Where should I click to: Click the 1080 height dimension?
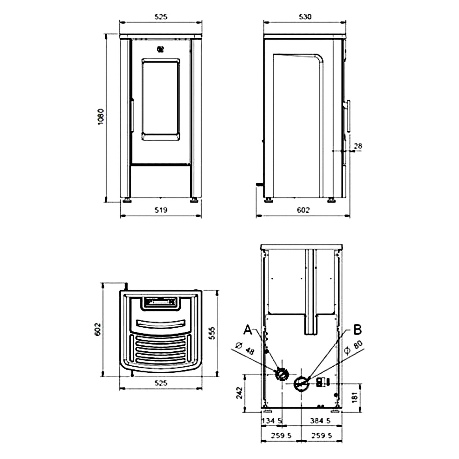(101, 117)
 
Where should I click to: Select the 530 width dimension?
(305, 17)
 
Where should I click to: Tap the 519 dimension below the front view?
(161, 210)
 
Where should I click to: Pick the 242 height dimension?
(240, 393)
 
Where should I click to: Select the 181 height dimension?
(355, 397)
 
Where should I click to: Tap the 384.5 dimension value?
(320, 421)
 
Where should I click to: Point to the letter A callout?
(248, 330)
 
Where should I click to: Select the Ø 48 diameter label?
(245, 349)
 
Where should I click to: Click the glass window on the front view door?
(161, 99)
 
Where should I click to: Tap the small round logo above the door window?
(160, 49)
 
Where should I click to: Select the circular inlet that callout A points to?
(281, 374)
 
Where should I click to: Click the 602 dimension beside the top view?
(98, 329)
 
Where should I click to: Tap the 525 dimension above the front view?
(161, 17)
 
